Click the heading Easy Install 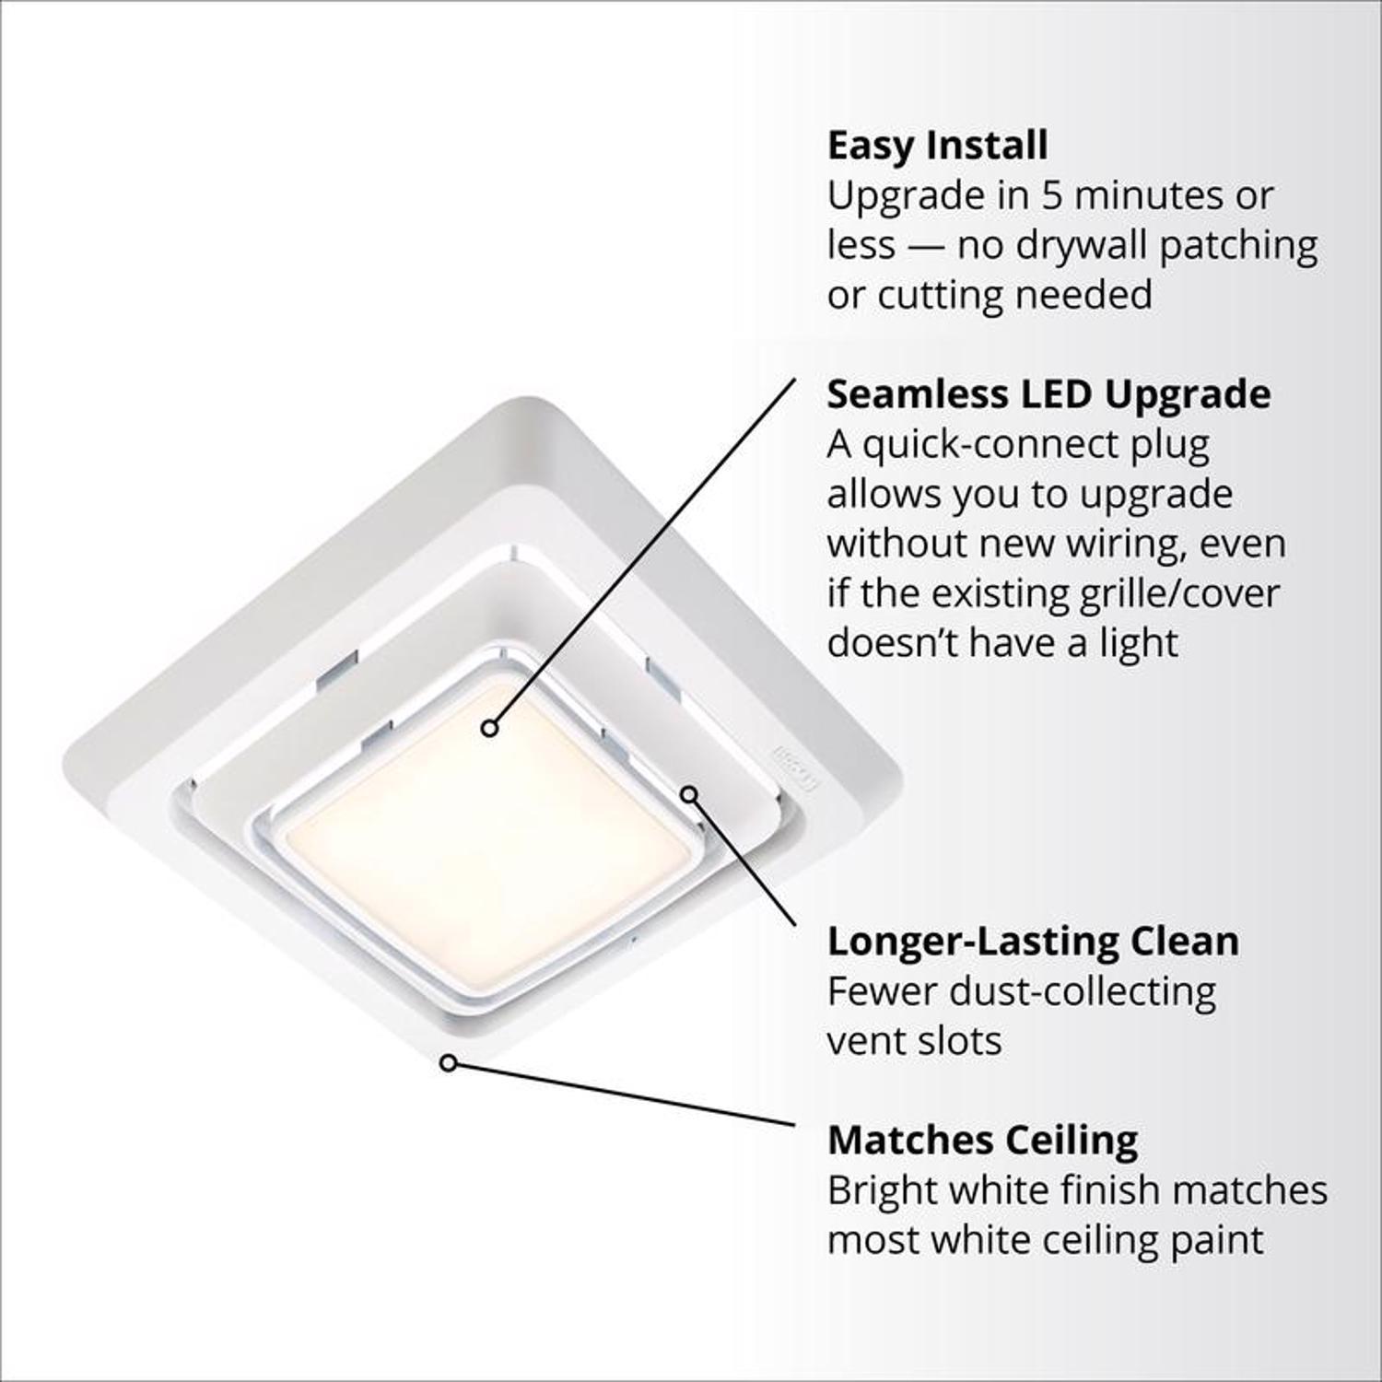coord(937,146)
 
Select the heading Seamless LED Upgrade coord(1048,394)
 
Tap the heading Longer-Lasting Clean coord(1033,942)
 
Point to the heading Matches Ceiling coord(982,1141)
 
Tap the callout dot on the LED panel coord(490,728)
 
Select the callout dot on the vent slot coord(689,793)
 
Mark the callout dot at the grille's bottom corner coord(448,1063)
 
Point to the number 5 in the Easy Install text coord(1053,196)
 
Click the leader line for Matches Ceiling coord(627,1095)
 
